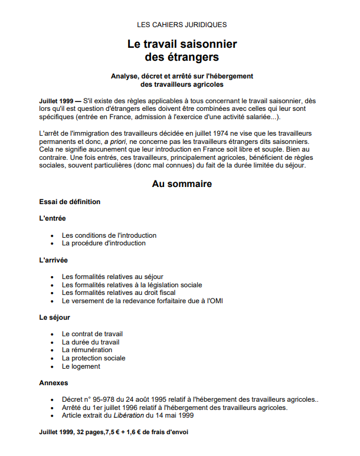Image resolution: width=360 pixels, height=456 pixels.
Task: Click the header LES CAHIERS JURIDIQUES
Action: point(182,25)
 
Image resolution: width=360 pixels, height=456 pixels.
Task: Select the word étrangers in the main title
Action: point(192,57)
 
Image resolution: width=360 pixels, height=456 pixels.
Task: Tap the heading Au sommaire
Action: point(182,184)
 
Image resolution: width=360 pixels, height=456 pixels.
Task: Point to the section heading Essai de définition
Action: point(70,202)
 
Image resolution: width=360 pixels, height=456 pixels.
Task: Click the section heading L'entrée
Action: point(53,218)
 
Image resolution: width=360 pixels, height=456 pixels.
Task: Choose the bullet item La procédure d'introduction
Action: point(103,243)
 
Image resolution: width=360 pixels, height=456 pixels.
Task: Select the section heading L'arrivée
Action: point(54,260)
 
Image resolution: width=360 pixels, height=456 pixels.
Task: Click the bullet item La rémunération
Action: point(87,350)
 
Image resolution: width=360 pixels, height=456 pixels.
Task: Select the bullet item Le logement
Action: point(81,366)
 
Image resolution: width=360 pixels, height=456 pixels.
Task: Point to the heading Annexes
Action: point(54,383)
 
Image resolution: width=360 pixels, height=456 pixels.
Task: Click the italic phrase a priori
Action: point(116,142)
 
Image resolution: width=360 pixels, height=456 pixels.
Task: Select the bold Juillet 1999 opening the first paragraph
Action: point(56,101)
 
